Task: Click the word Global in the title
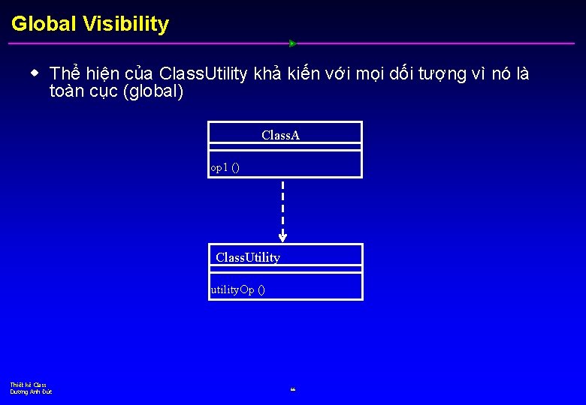tap(44, 24)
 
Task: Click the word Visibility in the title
tap(125, 24)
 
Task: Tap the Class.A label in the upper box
tap(281, 135)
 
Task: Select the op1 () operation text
tap(225, 168)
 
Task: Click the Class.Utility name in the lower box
tap(248, 257)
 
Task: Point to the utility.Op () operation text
tap(237, 289)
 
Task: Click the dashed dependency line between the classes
tap(282, 206)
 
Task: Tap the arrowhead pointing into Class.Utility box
tap(282, 237)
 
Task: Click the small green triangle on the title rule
tap(293, 43)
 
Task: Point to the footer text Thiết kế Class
tap(29, 385)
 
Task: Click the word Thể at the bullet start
tap(65, 73)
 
